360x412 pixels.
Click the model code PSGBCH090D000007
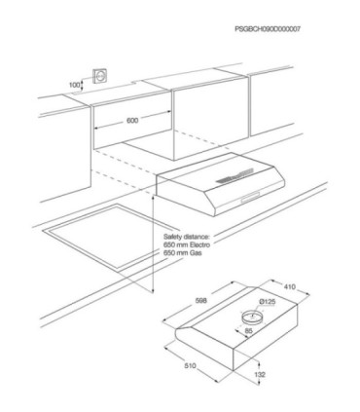click(268, 29)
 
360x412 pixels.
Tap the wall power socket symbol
click(100, 76)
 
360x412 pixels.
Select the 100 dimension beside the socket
click(74, 85)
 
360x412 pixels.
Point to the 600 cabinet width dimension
click(132, 121)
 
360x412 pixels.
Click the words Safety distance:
click(187, 237)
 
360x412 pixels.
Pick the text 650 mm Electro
click(187, 244)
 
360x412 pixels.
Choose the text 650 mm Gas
click(182, 252)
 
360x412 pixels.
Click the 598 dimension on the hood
click(200, 301)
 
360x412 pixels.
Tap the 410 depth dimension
click(290, 286)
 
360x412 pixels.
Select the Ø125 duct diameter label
click(268, 302)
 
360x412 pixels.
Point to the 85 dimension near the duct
click(248, 331)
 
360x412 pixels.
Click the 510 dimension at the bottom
click(190, 366)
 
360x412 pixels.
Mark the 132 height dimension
click(260, 374)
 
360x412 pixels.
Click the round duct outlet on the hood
click(252, 317)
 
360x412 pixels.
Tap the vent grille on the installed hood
click(234, 175)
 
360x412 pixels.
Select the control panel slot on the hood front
click(250, 198)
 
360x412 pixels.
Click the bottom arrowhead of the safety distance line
click(153, 290)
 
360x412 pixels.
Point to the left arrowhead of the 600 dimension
click(95, 129)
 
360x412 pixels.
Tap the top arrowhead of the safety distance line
click(153, 197)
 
